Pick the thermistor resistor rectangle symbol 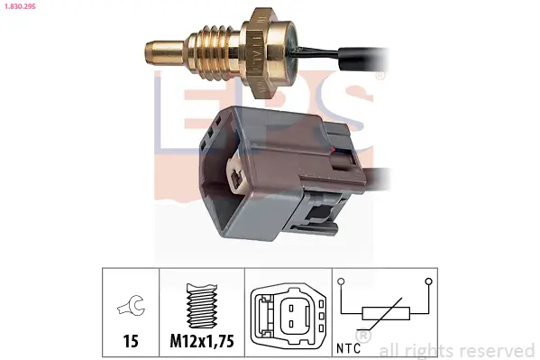[385, 314]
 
